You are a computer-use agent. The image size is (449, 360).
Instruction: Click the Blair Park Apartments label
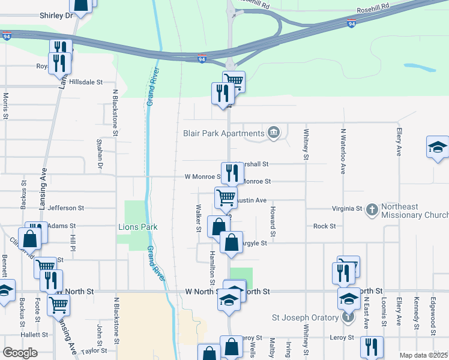pos(224,133)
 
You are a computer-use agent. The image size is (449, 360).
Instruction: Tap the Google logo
pos(20,352)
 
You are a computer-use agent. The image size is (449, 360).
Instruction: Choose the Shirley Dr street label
pos(56,16)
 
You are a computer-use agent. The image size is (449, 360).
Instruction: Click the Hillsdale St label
pos(86,82)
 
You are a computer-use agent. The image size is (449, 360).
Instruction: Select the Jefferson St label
pos(66,208)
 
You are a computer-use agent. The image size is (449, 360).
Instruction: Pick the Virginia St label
pos(348,209)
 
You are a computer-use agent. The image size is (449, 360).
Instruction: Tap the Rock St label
pos(324,226)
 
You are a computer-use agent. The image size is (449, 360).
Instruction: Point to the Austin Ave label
pos(251,200)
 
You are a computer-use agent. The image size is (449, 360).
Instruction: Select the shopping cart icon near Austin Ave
pos(226,197)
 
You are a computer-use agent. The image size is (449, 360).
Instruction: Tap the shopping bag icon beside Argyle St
pos(232,243)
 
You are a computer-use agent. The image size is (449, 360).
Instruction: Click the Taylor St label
pos(94,350)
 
